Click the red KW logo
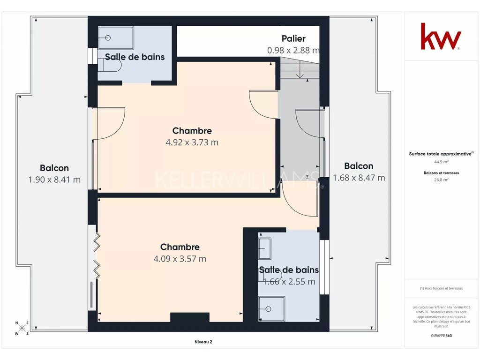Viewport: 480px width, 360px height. pos(441,36)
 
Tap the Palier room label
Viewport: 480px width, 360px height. pos(293,38)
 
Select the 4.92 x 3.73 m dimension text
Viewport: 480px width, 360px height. pos(192,142)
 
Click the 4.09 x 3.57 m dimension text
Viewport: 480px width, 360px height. pos(180,259)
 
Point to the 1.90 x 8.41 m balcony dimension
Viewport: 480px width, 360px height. pos(54,180)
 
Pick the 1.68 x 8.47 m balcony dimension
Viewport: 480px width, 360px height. pos(359,178)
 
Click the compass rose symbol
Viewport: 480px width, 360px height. pos(22,329)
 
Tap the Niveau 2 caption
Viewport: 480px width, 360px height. pos(203,342)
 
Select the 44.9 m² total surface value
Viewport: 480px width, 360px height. pos(441,162)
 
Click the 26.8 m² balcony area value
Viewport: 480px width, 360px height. pos(441,180)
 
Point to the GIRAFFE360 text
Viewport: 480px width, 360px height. pos(441,336)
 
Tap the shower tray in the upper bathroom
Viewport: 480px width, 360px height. pos(116,37)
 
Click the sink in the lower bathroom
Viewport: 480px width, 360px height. pos(265,248)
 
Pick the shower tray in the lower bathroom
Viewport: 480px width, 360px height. pos(271,309)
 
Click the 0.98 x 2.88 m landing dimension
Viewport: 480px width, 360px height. pos(293,50)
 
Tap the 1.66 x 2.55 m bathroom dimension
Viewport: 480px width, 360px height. pos(289,282)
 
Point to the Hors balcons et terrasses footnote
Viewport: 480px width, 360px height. pos(441,288)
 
